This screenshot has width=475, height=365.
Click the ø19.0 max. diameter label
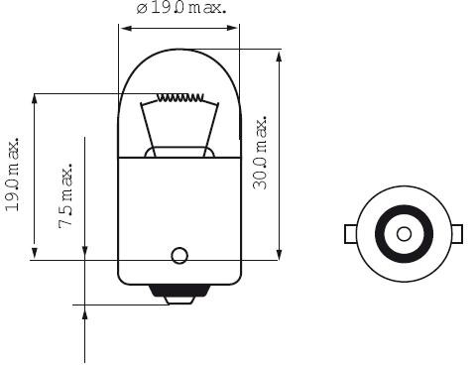click(181, 8)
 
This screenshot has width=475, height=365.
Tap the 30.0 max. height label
click(260, 153)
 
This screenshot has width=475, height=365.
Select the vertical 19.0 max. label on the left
click(12, 174)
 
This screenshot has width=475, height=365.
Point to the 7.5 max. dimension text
click(65, 195)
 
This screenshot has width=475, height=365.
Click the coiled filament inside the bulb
click(180, 97)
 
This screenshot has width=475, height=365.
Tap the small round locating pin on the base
click(179, 255)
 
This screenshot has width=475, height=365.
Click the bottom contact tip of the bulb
click(180, 301)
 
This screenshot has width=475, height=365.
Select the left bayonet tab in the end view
click(350, 234)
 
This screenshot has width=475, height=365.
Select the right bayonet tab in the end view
click(457, 234)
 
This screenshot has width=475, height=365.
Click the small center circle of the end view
click(404, 234)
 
